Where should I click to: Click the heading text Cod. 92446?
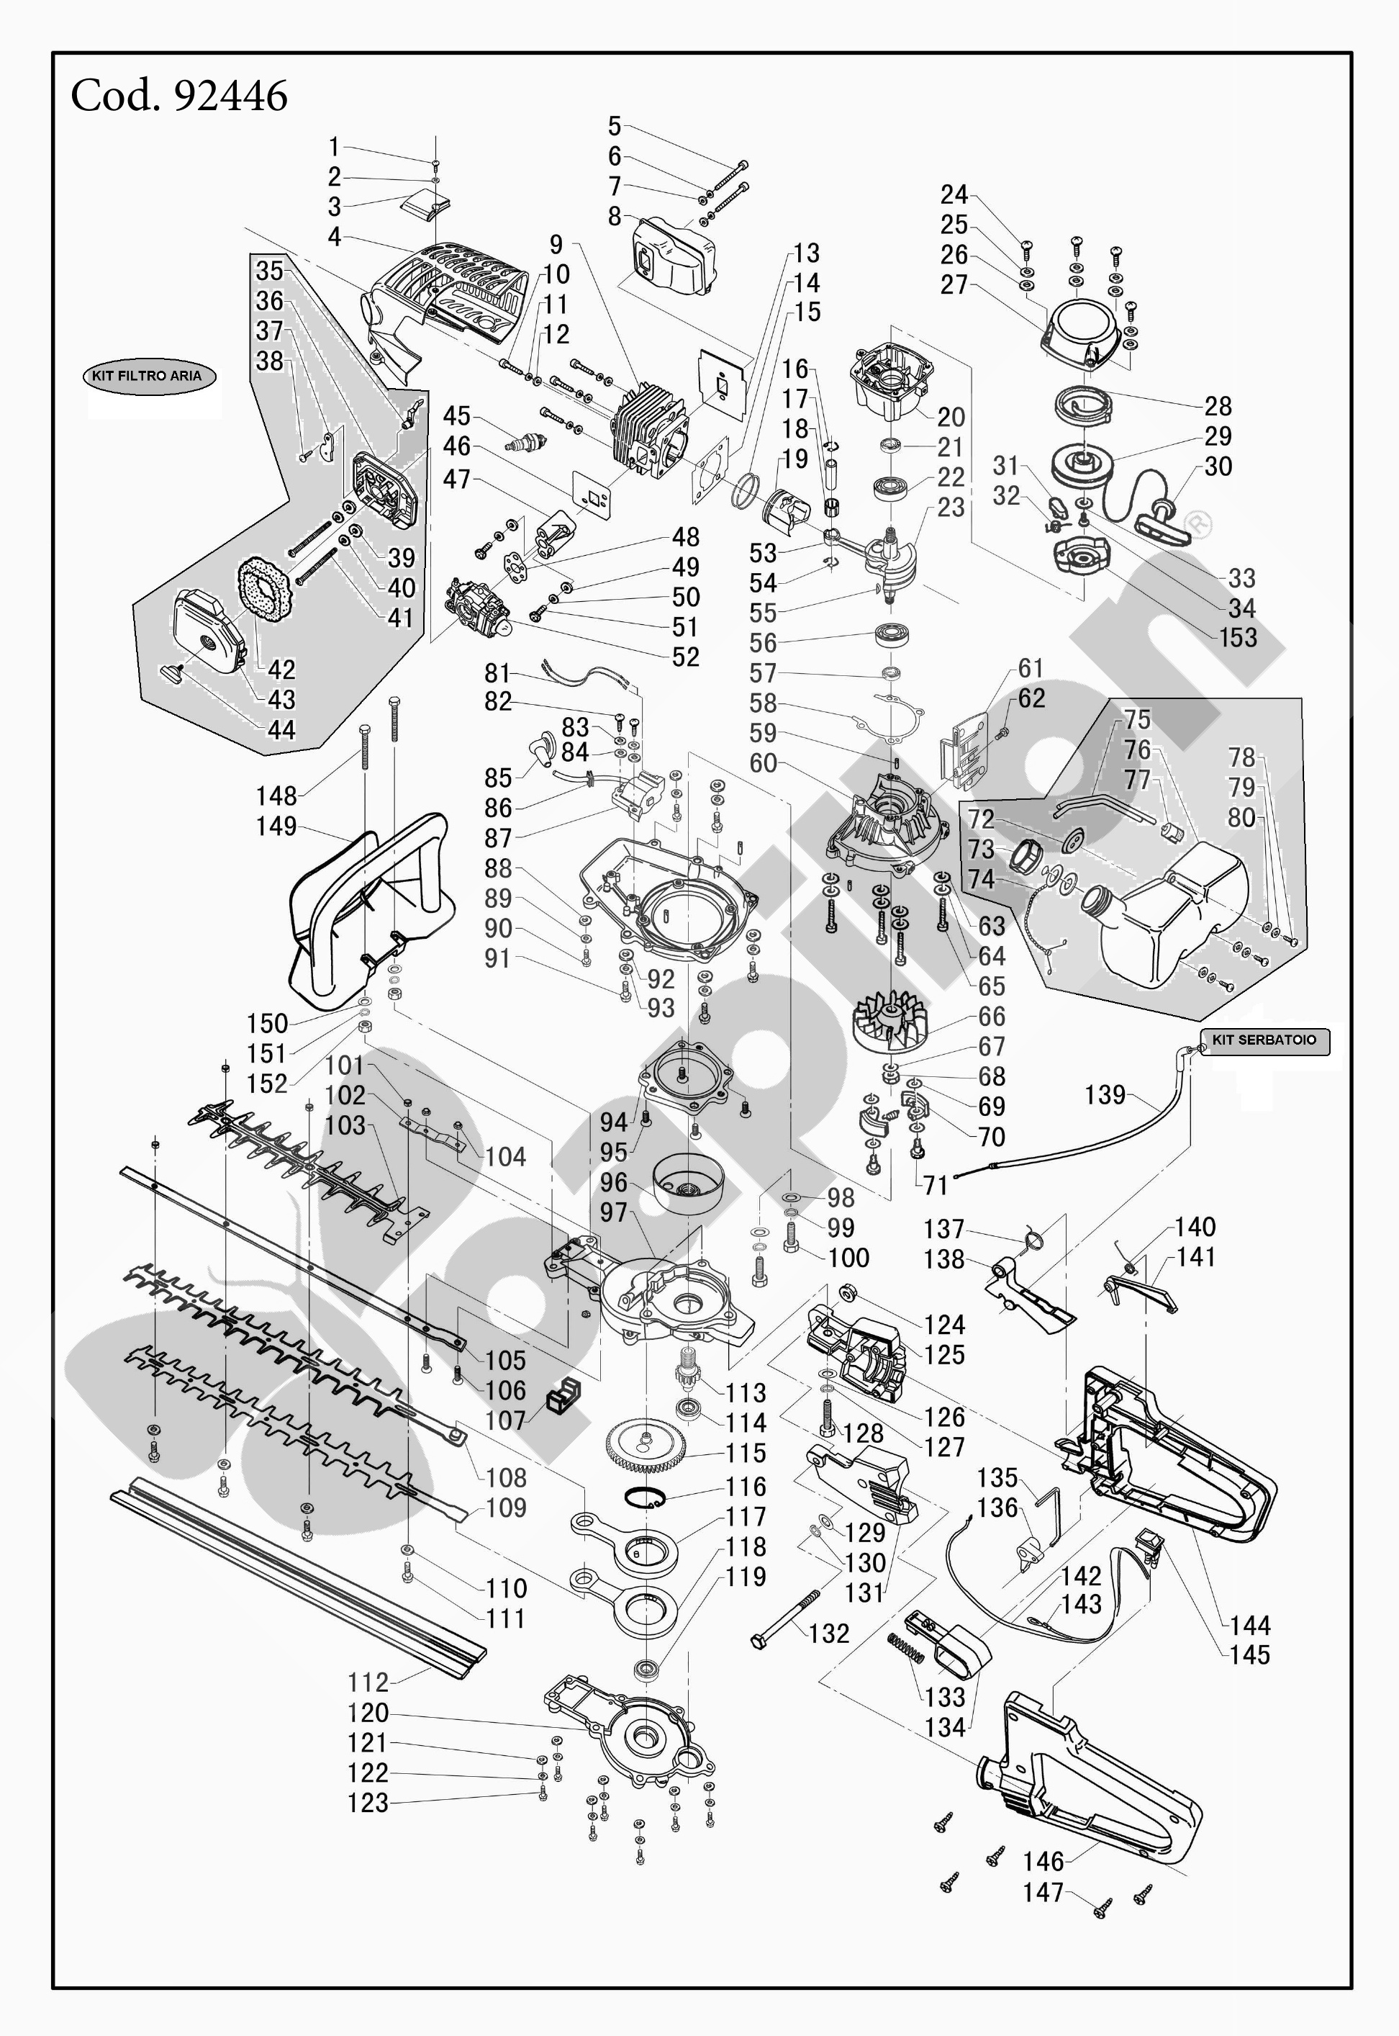[178, 96]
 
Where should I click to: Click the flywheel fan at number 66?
[889, 1021]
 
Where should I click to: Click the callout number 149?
[276, 826]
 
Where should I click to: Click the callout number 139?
[1105, 1094]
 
